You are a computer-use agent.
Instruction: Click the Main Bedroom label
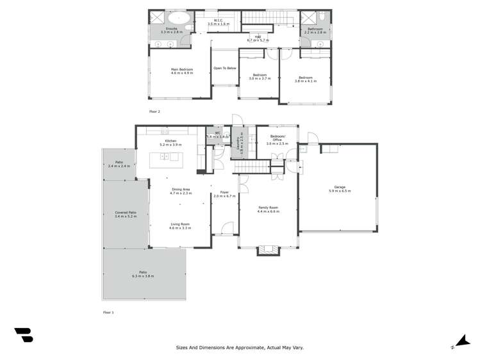tap(181, 71)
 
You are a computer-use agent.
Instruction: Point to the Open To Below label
tap(225, 68)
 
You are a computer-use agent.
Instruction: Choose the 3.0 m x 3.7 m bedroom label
tap(260, 76)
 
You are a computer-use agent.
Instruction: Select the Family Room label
tap(268, 208)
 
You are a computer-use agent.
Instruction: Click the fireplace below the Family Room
tap(269, 250)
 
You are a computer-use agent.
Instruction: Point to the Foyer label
tap(225, 192)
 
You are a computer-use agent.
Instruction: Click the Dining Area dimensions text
tap(180, 193)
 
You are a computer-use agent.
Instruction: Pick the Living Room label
tap(180, 224)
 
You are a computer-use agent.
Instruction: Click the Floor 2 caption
tap(154, 111)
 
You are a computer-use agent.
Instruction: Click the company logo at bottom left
tap(24, 335)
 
